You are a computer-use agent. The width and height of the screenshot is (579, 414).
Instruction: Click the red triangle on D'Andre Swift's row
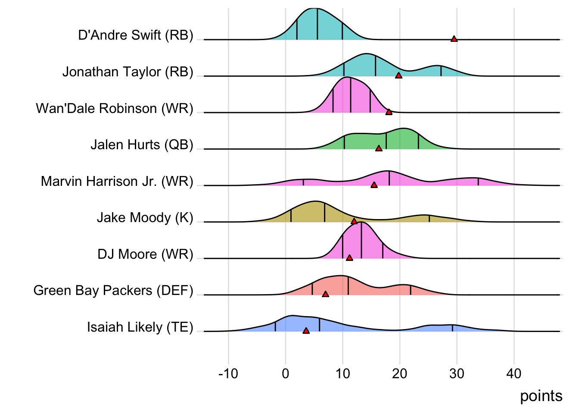click(454, 39)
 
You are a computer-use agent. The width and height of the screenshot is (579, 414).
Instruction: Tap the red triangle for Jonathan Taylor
click(398, 75)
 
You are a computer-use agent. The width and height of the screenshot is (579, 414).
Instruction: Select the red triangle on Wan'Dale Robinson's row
click(389, 112)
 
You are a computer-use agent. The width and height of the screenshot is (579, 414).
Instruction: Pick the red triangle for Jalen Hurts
click(379, 148)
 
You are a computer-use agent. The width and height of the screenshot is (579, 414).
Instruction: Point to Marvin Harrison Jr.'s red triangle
click(374, 185)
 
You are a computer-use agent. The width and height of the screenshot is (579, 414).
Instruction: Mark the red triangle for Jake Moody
click(354, 221)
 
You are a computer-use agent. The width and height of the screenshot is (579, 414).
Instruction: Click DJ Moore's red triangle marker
click(349, 258)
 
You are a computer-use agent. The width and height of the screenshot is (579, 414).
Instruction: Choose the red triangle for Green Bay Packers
click(325, 294)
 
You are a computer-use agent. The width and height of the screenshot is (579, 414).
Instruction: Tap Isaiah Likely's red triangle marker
click(306, 331)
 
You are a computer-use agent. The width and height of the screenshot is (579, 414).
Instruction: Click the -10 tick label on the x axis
click(228, 373)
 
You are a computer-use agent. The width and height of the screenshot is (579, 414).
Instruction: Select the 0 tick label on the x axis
click(285, 373)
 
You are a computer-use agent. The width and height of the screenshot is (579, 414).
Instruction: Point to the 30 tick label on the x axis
click(457, 373)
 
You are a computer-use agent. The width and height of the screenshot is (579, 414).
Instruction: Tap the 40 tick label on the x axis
click(514, 373)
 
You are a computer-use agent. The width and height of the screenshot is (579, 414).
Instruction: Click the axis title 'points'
click(541, 396)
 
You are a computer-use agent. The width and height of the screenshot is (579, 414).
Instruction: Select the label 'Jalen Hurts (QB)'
click(142, 144)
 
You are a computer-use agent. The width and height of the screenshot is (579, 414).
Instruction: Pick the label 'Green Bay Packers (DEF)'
click(113, 290)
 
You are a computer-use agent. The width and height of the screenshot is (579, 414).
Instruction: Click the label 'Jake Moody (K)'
click(145, 217)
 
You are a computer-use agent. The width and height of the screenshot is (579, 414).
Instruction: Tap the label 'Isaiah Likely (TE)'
click(140, 327)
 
